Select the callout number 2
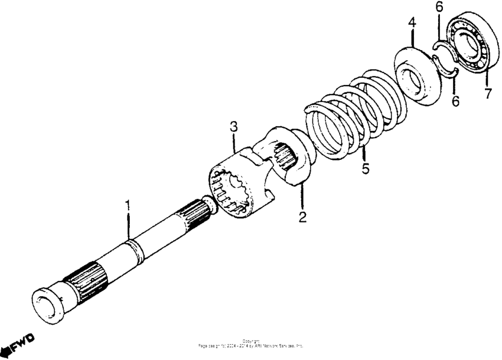tap(302, 217)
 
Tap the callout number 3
tap(234, 126)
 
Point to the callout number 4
tap(412, 24)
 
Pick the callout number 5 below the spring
tap(366, 169)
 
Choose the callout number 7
tap(488, 93)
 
